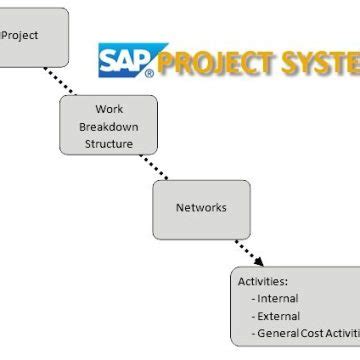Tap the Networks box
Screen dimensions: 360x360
201,207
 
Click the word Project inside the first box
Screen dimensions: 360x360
22,34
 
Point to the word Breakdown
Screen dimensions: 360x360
109,126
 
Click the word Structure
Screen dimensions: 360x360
109,143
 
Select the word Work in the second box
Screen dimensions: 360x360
109,109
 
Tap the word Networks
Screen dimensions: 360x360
201,208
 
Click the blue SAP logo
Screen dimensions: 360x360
124,60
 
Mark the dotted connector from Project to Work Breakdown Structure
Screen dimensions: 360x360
77,81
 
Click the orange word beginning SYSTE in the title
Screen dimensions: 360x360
320,63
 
